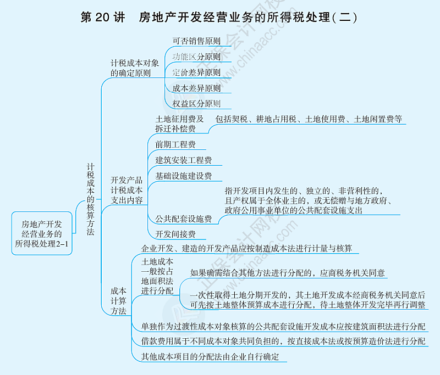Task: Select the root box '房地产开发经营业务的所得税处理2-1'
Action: [x=42, y=234]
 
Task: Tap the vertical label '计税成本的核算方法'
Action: [x=91, y=200]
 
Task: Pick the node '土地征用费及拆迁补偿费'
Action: [x=179, y=124]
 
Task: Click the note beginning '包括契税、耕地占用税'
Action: [x=309, y=119]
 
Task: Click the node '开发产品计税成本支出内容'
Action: [x=127, y=190]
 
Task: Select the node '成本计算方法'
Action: [x=118, y=300]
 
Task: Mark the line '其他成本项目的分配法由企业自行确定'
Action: [x=210, y=357]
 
